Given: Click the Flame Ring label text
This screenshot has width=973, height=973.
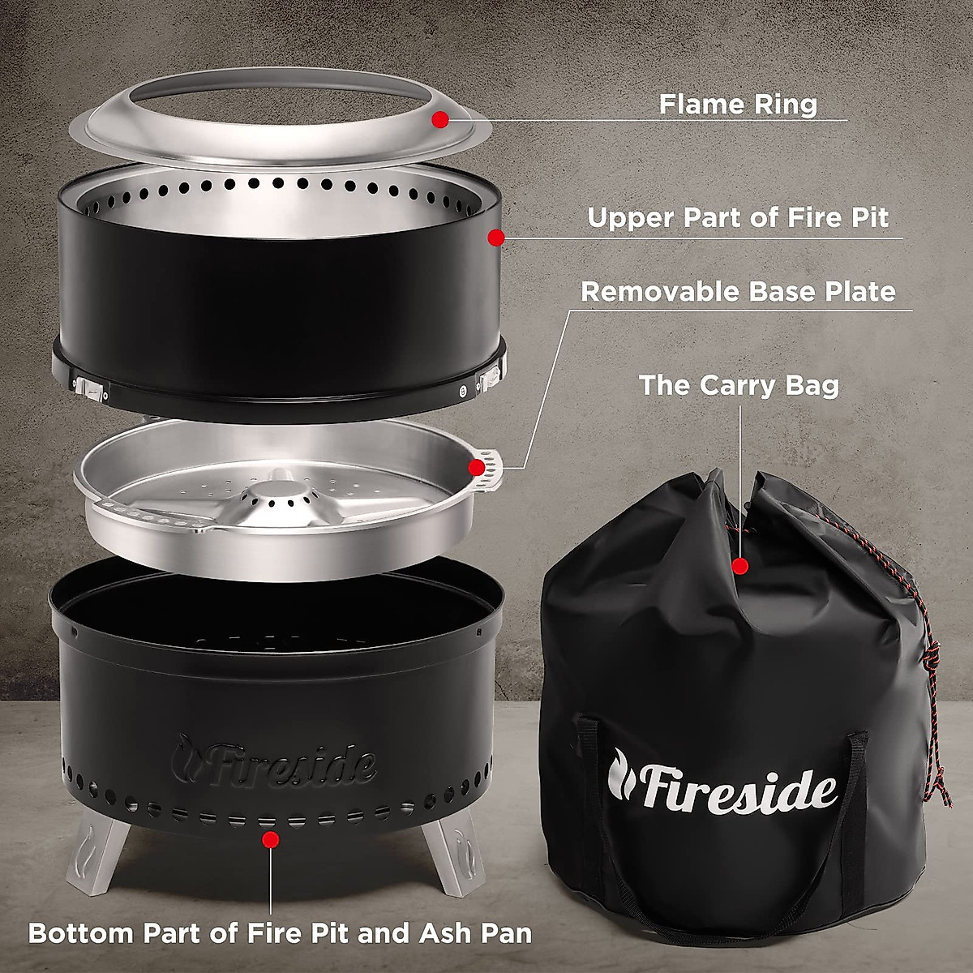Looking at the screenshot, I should (738, 105).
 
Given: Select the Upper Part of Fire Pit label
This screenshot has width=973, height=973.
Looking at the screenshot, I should (738, 218).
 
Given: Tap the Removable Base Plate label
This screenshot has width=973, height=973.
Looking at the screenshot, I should (738, 292).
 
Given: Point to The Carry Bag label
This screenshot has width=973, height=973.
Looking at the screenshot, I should (739, 384).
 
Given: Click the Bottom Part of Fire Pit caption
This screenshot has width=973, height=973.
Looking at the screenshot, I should (280, 932).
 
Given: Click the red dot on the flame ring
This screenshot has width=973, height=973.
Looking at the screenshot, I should (440, 120).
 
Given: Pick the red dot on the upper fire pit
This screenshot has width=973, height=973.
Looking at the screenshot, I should (496, 238).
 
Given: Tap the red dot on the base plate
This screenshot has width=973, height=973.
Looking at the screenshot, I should (476, 467).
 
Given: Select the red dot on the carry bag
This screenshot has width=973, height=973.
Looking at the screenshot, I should (739, 566).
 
